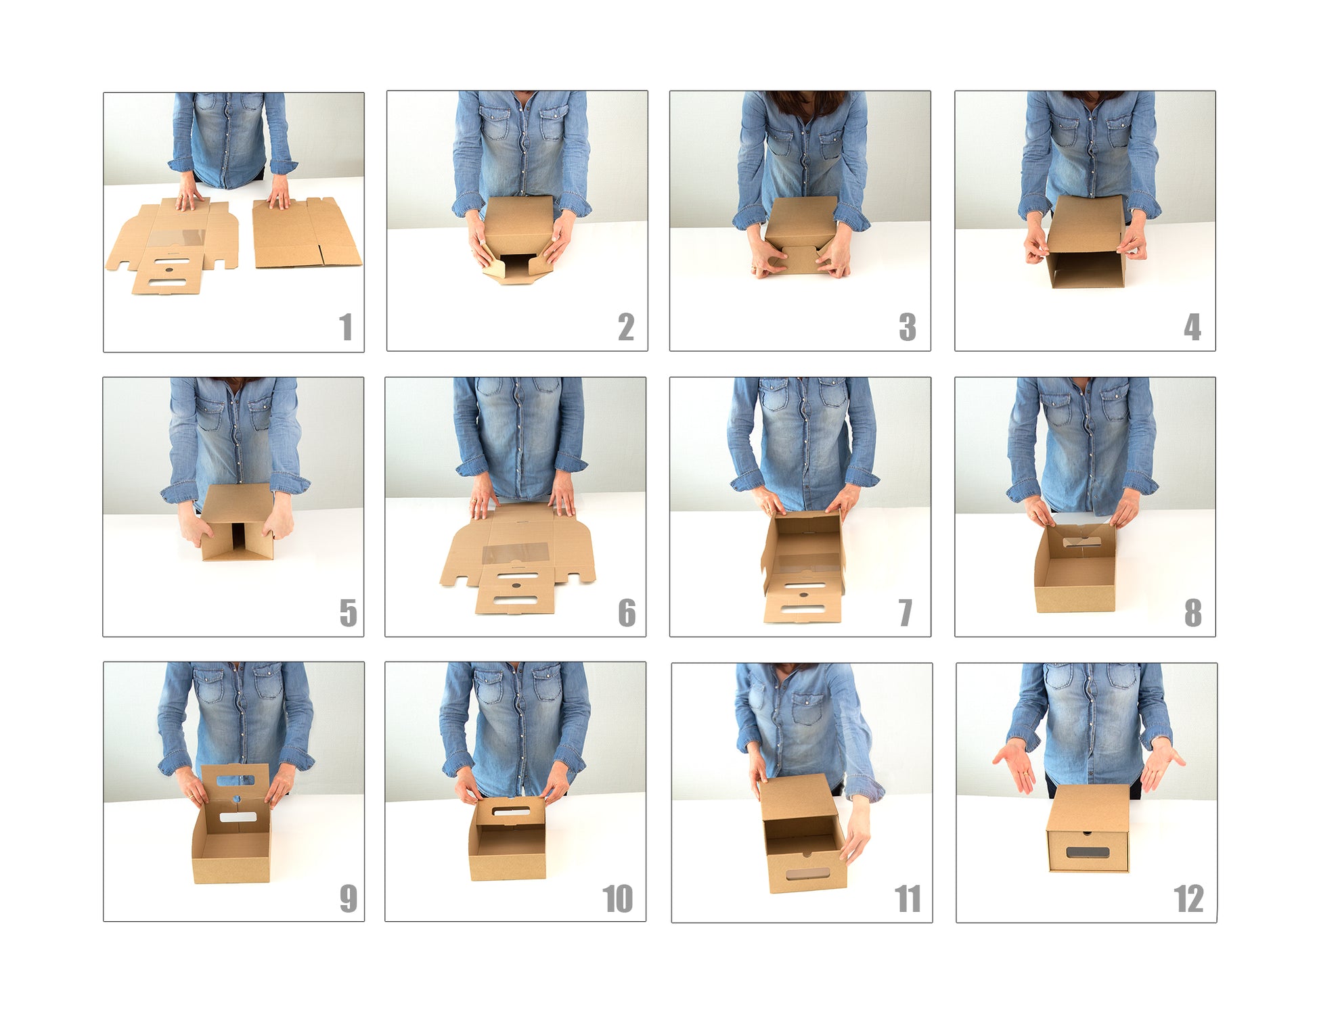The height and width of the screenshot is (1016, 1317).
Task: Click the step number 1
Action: (x=346, y=327)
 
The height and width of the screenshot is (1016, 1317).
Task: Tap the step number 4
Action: (x=1192, y=327)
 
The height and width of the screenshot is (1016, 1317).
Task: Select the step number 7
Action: (x=906, y=613)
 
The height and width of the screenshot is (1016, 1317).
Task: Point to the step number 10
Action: (x=618, y=899)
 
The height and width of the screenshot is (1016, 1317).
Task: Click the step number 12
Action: (x=1188, y=899)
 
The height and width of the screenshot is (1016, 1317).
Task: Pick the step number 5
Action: (x=348, y=613)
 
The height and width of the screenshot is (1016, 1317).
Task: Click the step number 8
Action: (x=1193, y=613)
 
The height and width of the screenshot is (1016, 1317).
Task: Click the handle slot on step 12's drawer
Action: (x=1088, y=852)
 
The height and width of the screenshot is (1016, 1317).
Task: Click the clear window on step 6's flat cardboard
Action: (x=515, y=553)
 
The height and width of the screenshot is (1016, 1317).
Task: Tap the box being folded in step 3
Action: (x=801, y=235)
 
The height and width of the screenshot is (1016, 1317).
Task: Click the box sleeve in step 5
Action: (x=237, y=521)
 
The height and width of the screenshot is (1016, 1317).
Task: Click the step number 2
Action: (x=626, y=327)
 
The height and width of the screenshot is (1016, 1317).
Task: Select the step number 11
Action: (x=908, y=899)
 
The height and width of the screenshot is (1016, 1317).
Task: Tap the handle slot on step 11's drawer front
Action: (x=807, y=874)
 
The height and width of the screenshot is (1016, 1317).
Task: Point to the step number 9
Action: (x=348, y=899)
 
